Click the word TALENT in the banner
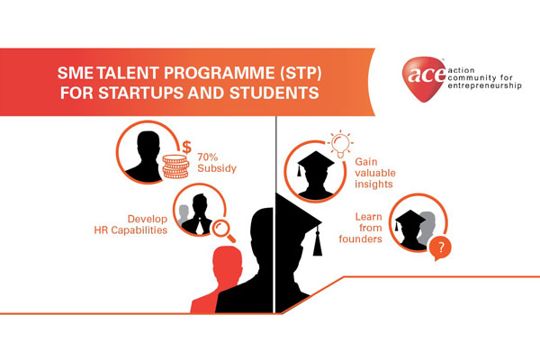point(128,73)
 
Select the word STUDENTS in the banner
point(274,93)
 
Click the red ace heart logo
point(424,79)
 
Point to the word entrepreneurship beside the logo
point(484,85)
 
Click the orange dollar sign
point(186,147)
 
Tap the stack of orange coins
point(175,166)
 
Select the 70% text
point(208,157)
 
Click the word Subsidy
point(217,168)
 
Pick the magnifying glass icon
point(223,231)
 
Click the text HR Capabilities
point(130,230)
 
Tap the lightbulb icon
point(340,144)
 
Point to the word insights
point(373,184)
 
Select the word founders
point(360,239)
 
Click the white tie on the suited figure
point(200,227)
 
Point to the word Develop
point(148,220)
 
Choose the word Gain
point(366,162)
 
